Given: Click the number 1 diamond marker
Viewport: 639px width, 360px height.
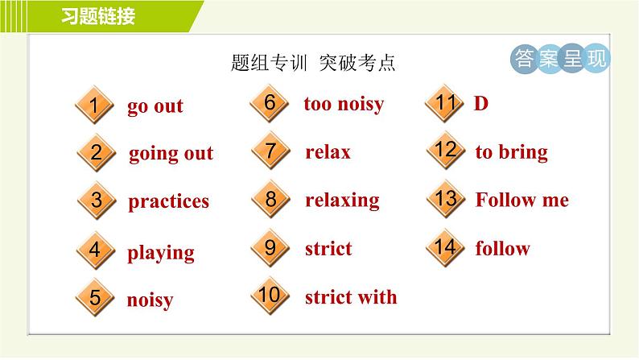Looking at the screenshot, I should coord(95,106).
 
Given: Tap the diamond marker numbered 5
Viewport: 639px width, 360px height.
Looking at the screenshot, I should coord(95,298).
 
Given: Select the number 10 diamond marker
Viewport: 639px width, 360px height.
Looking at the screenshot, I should coord(270,296).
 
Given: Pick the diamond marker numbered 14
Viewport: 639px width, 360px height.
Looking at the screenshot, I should coord(444,247).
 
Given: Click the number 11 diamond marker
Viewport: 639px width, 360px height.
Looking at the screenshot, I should coord(445,104).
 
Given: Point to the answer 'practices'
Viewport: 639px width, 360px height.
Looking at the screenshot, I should coord(168,201).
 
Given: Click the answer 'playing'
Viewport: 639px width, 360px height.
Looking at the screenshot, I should coord(161,253).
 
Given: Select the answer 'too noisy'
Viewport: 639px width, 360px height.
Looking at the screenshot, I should coord(344,104).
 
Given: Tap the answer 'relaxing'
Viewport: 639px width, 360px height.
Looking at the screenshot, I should coord(342,200).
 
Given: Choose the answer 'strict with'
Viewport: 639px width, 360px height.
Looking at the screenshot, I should coord(351,297).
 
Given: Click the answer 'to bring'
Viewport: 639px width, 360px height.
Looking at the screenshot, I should coord(511,152).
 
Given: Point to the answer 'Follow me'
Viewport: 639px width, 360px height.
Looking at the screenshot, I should coord(522,200).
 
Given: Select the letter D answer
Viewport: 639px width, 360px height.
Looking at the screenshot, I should coord(481,104).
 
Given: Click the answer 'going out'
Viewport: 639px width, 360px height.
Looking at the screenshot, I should coord(171,153).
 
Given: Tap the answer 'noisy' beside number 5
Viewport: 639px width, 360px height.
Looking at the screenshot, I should coord(150,300).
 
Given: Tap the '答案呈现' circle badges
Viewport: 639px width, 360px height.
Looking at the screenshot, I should coord(561,59).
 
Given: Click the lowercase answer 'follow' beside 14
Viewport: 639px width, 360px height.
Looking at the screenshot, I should coord(502,248).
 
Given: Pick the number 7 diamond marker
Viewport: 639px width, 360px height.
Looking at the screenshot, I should coord(270,152).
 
